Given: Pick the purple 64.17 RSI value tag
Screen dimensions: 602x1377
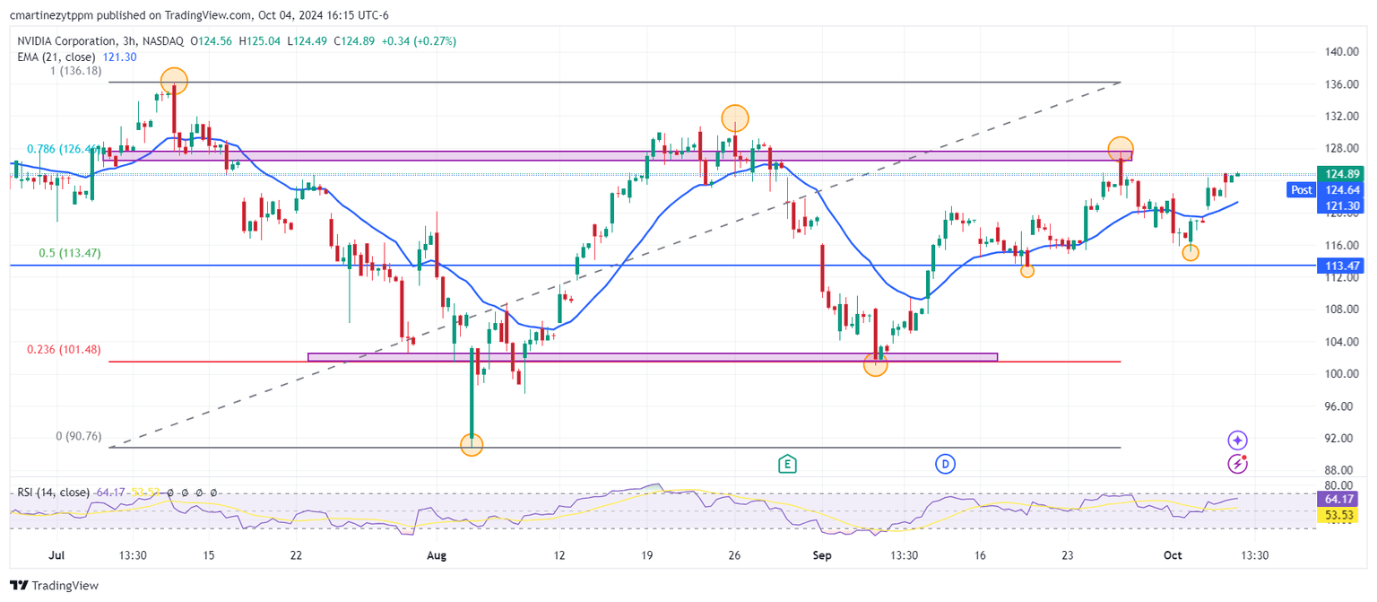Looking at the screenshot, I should coord(1340,499).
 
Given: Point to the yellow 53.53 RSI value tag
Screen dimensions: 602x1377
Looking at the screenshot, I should coord(1340,515).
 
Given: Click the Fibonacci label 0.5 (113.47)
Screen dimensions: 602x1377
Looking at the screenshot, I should coord(70,253).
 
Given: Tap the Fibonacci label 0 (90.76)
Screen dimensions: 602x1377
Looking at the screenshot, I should coord(78,436).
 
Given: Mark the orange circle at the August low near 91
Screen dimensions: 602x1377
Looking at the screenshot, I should coord(472,444).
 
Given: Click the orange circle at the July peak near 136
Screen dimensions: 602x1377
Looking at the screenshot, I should coord(174,81).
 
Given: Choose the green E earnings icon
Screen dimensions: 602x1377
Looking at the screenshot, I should coord(787,464).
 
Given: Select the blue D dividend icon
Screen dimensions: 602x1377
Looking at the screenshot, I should coord(945,464).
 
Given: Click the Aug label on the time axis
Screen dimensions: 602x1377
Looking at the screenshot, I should coord(437,555).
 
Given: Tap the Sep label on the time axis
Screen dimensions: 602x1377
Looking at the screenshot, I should coord(823,555).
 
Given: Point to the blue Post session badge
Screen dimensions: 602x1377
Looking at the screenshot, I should coord(1300,190).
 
